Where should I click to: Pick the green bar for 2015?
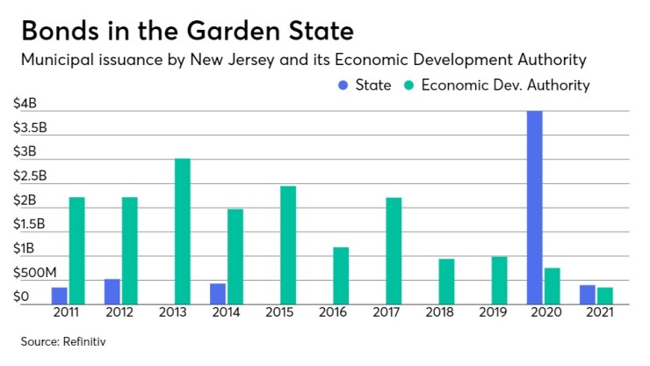pos(288,245)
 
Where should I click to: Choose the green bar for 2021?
pos(604,295)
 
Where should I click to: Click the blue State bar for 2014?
pos(218,293)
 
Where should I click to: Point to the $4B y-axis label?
pos(25,103)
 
